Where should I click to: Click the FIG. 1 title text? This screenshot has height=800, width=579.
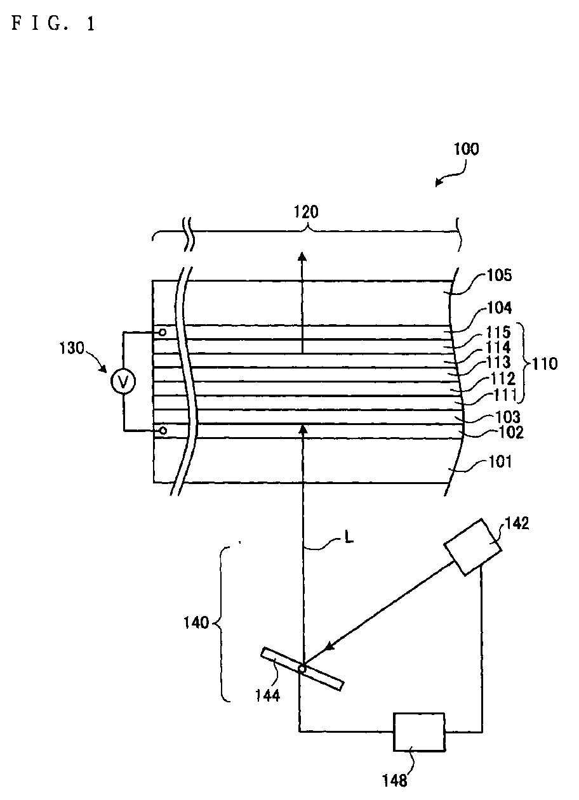[x=53, y=24]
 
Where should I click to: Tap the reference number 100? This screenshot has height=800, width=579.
[x=466, y=149]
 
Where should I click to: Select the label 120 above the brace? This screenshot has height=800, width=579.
[x=306, y=212]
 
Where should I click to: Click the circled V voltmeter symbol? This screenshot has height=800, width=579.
[x=123, y=382]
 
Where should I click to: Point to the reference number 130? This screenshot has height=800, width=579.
[x=72, y=348]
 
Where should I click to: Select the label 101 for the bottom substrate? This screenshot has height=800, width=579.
[x=500, y=462]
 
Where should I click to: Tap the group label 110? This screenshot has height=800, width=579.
[x=544, y=364]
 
